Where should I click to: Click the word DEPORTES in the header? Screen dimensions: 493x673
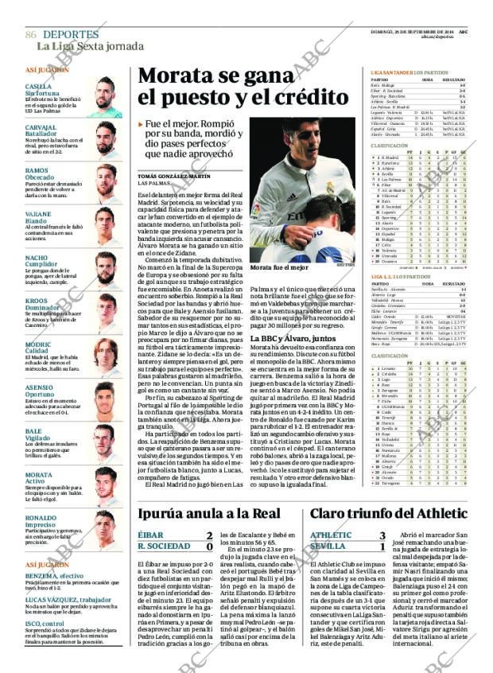click(x=71, y=34)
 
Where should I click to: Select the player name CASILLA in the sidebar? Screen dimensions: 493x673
click(x=38, y=86)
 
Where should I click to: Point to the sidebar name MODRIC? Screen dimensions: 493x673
click(x=40, y=344)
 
